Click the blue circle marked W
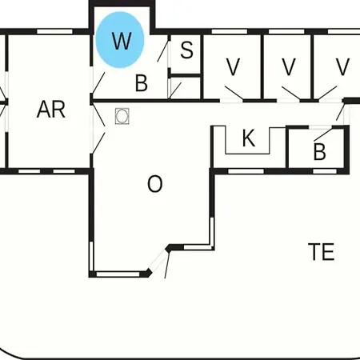120,40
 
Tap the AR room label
51,110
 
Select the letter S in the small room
186,50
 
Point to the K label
249,138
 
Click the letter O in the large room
154,184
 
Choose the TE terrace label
322,252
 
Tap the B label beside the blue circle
142,83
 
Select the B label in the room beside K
320,152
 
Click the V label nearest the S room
233,67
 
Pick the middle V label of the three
289,67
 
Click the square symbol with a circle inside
122,116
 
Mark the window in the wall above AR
54,32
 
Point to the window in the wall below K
246,171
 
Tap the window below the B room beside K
325,171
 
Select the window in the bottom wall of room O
118,274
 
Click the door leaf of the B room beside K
323,134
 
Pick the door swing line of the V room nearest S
234,93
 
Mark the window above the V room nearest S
230,32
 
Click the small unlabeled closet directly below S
186,88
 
